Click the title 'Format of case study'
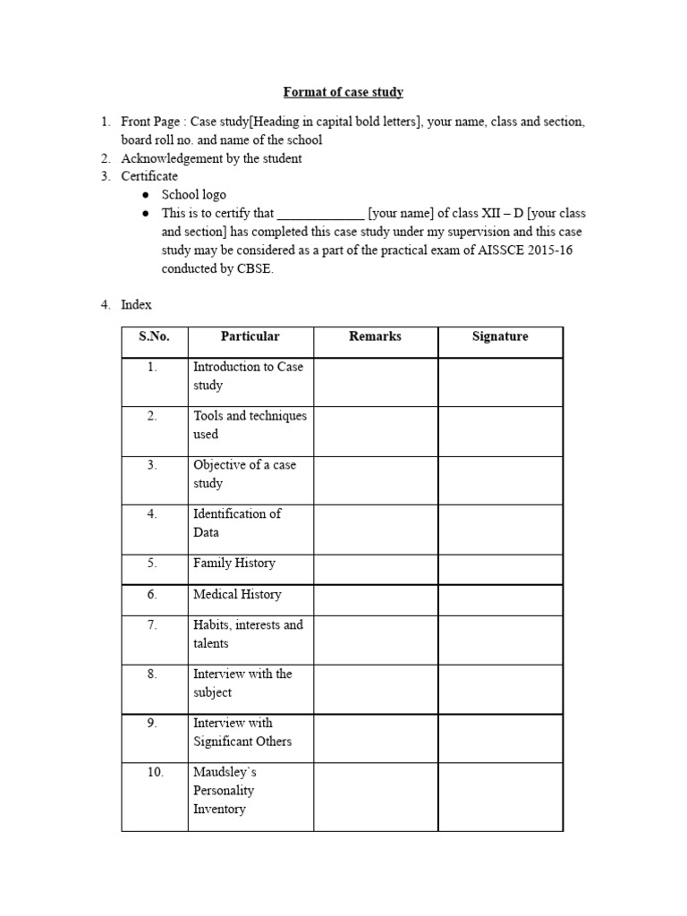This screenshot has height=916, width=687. coord(343,92)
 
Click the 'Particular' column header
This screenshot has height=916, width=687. coord(250,336)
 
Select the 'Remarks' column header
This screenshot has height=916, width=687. coord(375,336)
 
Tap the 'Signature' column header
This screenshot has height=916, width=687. coord(500,336)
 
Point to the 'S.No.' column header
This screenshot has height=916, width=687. coord(154,336)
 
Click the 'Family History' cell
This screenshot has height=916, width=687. coord(234,564)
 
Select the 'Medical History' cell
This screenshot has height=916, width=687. coord(237,594)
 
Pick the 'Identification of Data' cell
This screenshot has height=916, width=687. coord(237,523)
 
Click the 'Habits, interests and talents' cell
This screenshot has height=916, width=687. coord(248,634)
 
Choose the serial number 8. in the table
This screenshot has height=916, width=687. coord(153,674)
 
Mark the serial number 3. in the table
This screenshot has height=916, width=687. coord(153,465)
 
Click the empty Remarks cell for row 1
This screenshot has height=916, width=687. coord(375,381)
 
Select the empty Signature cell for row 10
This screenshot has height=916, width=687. coord(500,796)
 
